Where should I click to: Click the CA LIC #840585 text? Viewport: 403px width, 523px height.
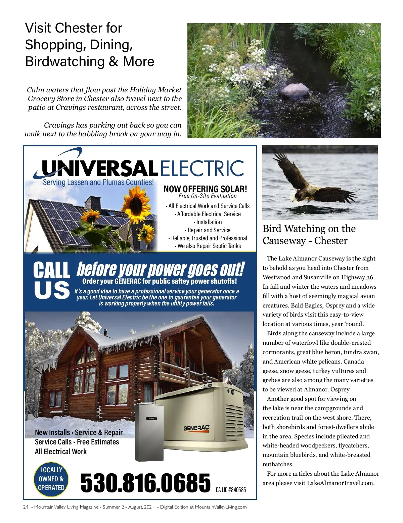pos(231,490)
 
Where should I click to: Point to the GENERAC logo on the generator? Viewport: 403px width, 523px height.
pos(196,428)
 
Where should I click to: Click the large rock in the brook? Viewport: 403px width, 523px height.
pos(295,91)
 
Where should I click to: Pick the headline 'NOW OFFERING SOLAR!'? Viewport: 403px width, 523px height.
pos(205,189)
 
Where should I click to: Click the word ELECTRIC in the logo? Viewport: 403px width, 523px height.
pos(202,168)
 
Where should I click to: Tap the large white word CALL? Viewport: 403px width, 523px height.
pos(51,271)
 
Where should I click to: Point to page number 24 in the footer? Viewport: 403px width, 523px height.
pos(26,507)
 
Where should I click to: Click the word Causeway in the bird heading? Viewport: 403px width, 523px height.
pos(284,241)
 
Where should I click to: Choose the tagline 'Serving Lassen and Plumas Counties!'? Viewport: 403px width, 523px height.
pos(98,182)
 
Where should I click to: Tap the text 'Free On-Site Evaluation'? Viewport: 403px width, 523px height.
pos(208,196)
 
